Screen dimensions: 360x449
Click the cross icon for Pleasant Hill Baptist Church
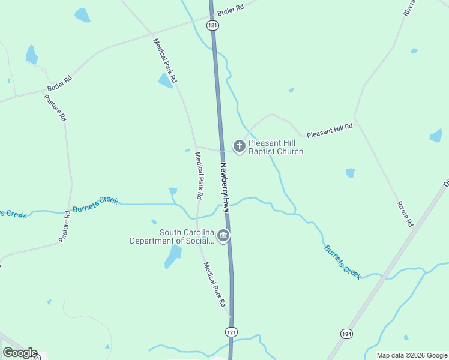pyautogui.click(x=239, y=146)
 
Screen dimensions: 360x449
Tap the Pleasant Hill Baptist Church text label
pyautogui.click(x=276, y=148)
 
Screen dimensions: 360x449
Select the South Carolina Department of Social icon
pyautogui.click(x=223, y=236)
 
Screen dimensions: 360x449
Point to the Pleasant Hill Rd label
pyautogui.click(x=330, y=131)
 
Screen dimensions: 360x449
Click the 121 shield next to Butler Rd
pyautogui.click(x=212, y=25)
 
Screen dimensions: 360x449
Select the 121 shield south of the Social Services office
pyautogui.click(x=232, y=332)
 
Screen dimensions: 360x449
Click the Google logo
pyautogui.click(x=20, y=353)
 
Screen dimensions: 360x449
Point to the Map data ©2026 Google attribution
pyautogui.click(x=412, y=355)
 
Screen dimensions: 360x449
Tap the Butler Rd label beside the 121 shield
pyautogui.click(x=231, y=10)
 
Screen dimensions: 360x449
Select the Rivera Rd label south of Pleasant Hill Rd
pyautogui.click(x=405, y=214)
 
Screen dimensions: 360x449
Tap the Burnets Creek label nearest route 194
pyautogui.click(x=343, y=262)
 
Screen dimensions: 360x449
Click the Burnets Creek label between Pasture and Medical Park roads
pyautogui.click(x=95, y=204)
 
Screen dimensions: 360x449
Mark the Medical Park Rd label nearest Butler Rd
pyautogui.click(x=165, y=61)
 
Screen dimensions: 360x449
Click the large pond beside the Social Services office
pyautogui.click(x=173, y=256)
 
